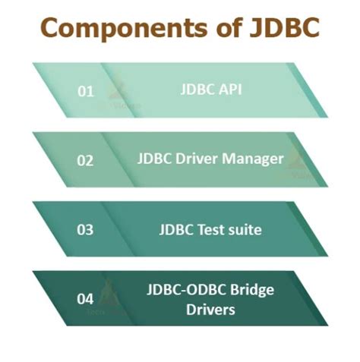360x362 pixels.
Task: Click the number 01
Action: point(86,91)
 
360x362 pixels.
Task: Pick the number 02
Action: point(86,160)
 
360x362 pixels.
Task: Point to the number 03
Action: point(86,230)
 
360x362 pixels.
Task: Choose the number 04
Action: point(86,299)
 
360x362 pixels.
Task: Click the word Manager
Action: point(257,159)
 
